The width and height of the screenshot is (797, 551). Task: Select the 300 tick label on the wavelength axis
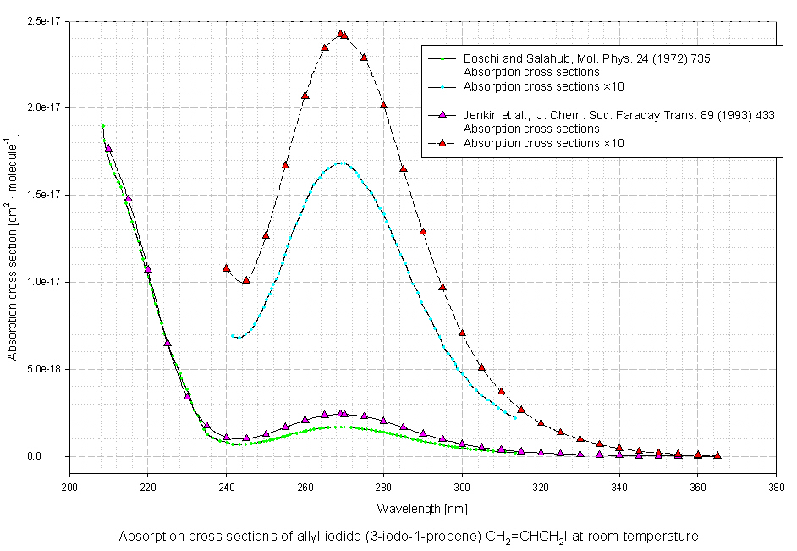[x=462, y=487]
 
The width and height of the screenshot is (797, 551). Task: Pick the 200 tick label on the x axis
[x=69, y=487]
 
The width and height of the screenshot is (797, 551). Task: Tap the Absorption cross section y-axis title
[x=14, y=239]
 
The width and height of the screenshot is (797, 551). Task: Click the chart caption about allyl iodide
[x=409, y=537]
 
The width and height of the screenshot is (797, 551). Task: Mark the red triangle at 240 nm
[x=227, y=268]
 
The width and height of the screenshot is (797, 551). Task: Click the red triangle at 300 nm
[x=463, y=333]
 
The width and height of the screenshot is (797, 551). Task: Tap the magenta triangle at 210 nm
[x=108, y=148]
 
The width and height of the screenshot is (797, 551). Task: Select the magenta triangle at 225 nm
[x=168, y=343]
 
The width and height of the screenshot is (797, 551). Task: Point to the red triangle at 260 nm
[x=305, y=96]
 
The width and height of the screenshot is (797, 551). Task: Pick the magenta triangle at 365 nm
[x=717, y=455]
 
